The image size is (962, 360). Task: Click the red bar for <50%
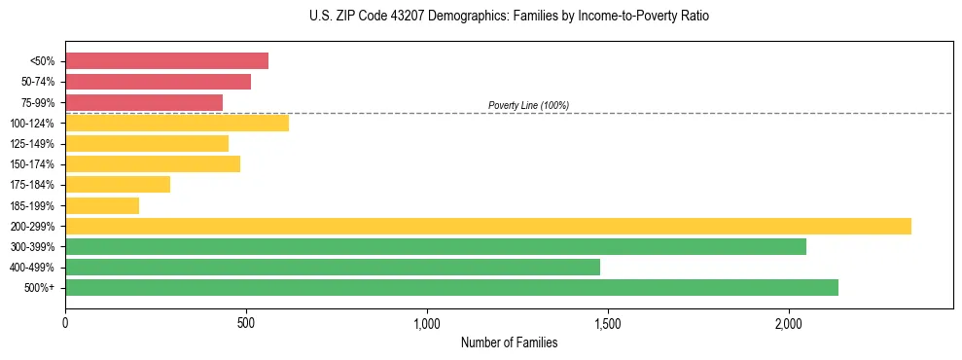(x=166, y=61)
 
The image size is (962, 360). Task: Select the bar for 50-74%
(x=158, y=82)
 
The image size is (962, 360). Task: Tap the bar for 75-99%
(x=144, y=102)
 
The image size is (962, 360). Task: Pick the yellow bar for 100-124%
(x=177, y=123)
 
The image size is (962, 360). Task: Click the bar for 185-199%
(x=102, y=205)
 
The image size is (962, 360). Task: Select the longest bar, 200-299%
(x=488, y=226)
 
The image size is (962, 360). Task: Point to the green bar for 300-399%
(x=436, y=246)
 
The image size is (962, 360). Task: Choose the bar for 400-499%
(x=333, y=267)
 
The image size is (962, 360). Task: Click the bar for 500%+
(x=451, y=287)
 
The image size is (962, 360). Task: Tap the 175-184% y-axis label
(x=32, y=185)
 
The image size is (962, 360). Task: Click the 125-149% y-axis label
(x=32, y=144)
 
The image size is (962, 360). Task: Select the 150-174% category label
(x=32, y=164)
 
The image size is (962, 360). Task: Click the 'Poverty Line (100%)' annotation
(x=528, y=105)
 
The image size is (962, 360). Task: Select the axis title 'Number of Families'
(x=509, y=342)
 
